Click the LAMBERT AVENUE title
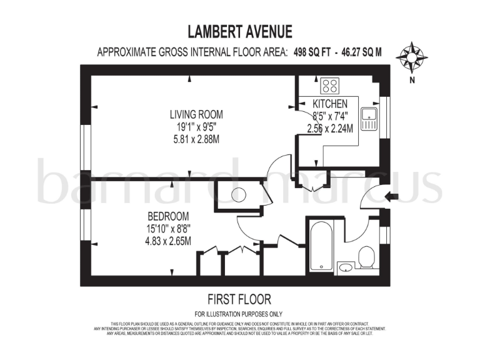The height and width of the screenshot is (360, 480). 240,31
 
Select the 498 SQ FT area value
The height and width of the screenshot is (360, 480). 313,52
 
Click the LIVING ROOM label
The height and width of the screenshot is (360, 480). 196,114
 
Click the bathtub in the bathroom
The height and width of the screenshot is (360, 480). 320,246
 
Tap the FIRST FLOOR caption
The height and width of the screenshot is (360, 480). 239,299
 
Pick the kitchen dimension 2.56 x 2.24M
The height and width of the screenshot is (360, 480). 330,128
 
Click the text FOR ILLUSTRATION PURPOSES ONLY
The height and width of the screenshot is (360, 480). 239,314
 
